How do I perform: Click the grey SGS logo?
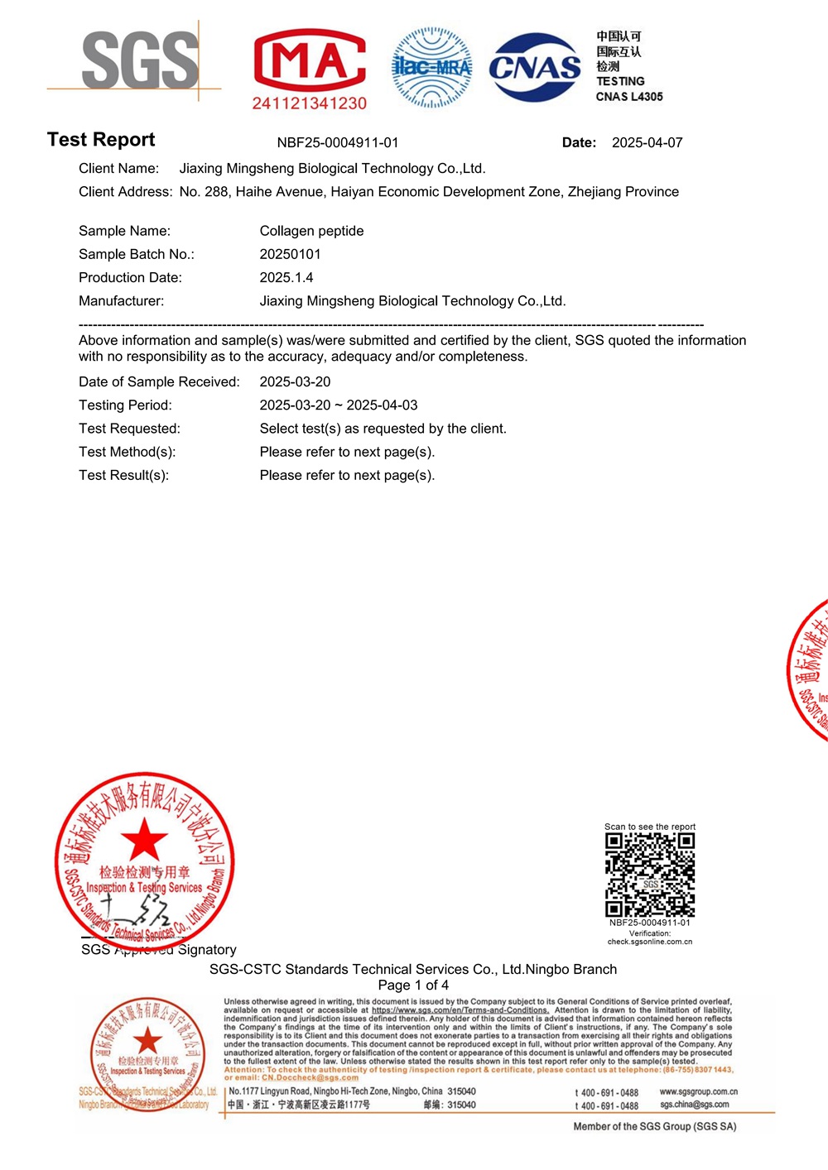[140, 60]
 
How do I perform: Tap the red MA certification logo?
[309, 60]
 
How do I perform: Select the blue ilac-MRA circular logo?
[431, 67]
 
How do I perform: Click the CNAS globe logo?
[534, 67]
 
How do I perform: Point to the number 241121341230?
[309, 103]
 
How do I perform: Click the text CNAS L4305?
[629, 97]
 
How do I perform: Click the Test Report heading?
[101, 140]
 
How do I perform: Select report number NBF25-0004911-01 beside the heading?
[338, 142]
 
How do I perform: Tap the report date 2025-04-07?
[647, 142]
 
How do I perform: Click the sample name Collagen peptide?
[311, 231]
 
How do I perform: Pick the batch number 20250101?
[290, 254]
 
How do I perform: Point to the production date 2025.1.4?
[286, 277]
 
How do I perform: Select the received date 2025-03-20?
[295, 381]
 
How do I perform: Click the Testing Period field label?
[125, 405]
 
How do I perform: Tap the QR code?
[650, 875]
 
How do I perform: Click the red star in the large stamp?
[144, 839]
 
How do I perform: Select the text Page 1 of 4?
[413, 985]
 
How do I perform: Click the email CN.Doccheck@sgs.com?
[310, 1077]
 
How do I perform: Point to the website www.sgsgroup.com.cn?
[698, 1091]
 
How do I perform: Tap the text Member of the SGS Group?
[654, 1126]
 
